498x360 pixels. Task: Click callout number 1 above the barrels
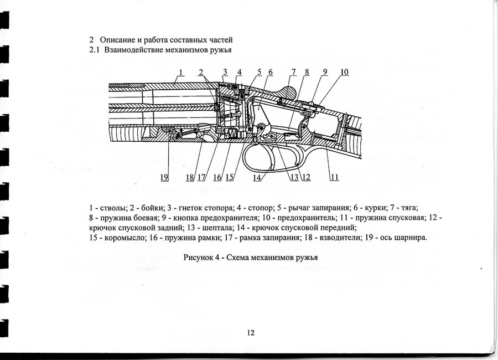tap(180, 72)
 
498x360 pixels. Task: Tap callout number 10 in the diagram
tap(344, 72)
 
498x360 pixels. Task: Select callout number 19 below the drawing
tap(164, 177)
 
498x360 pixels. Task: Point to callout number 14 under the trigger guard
tap(257, 177)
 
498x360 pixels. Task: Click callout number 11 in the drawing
tap(334, 177)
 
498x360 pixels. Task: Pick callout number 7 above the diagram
tap(293, 72)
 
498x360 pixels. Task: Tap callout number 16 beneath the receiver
tap(217, 177)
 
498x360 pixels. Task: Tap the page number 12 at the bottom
tap(250, 332)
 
